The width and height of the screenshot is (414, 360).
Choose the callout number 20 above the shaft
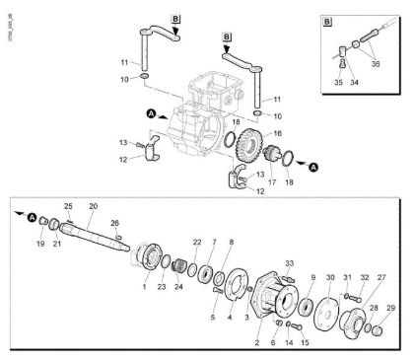pyautogui.click(x=93, y=207)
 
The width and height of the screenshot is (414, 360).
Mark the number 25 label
pyautogui.click(x=68, y=205)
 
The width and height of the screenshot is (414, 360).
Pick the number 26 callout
pyautogui.click(x=115, y=223)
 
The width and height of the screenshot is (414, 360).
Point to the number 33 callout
pyautogui.click(x=289, y=262)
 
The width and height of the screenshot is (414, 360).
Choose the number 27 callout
pyautogui.click(x=380, y=277)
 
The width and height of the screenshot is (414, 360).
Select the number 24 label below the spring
pyautogui.click(x=177, y=287)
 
